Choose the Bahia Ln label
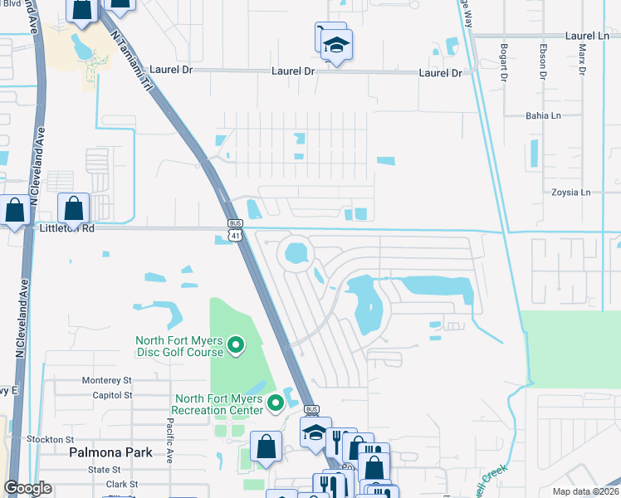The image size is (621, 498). coord(545,116)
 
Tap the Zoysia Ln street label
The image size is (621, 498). coord(570,193)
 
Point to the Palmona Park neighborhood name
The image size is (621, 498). coord(110,452)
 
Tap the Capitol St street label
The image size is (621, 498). coord(112,395)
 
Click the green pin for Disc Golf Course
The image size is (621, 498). coord(235,344)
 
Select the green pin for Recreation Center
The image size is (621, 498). coord(275,404)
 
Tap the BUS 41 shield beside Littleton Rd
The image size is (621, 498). coord(235,230)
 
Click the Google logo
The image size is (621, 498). coord(28,488)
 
